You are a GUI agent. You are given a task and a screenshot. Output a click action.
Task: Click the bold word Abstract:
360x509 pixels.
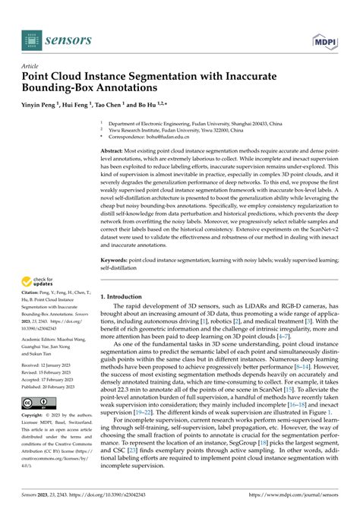[x=115, y=152]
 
